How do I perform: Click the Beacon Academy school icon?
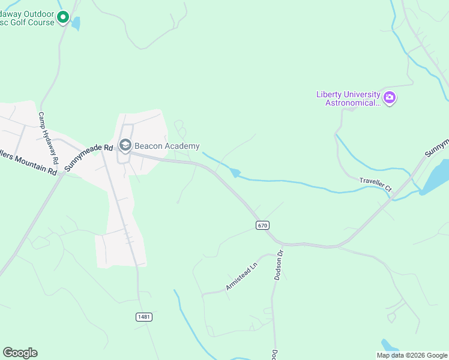[125, 145]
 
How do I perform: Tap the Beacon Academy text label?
[167, 146]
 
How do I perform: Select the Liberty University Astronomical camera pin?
[390, 97]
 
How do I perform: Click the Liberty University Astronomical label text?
[349, 98]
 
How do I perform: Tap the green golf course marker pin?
[64, 19]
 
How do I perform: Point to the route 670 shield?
[262, 225]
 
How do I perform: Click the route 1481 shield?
[143, 317]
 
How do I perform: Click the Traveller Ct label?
[375, 184]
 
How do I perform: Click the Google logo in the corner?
[20, 353]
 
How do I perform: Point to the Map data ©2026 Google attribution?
[412, 355]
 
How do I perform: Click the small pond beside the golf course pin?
[76, 23]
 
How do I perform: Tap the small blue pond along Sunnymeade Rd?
[235, 173]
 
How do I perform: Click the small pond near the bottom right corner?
[389, 346]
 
